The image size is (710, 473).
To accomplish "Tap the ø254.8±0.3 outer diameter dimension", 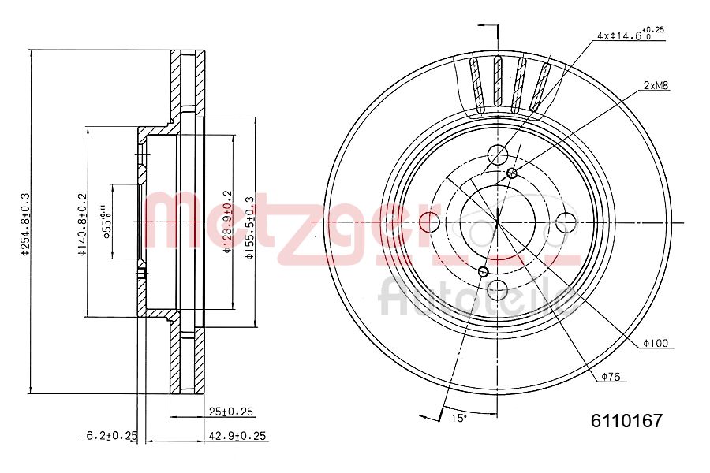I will pyautogui.click(x=24, y=223).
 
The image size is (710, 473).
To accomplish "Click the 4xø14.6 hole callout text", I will pyautogui.click(x=628, y=34).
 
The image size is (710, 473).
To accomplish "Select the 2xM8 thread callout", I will pyautogui.click(x=656, y=85).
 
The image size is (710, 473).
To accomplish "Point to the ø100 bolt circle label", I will pyautogui.click(x=655, y=343).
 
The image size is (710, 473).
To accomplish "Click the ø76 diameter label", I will pyautogui.click(x=612, y=378).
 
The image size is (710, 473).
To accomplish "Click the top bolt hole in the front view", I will pyautogui.click(x=499, y=155).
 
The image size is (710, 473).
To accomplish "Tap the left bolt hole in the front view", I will pyautogui.click(x=430, y=222).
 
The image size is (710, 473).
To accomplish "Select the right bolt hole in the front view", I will pyautogui.click(x=566, y=222).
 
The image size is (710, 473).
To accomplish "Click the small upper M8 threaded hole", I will pyautogui.click(x=512, y=173).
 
